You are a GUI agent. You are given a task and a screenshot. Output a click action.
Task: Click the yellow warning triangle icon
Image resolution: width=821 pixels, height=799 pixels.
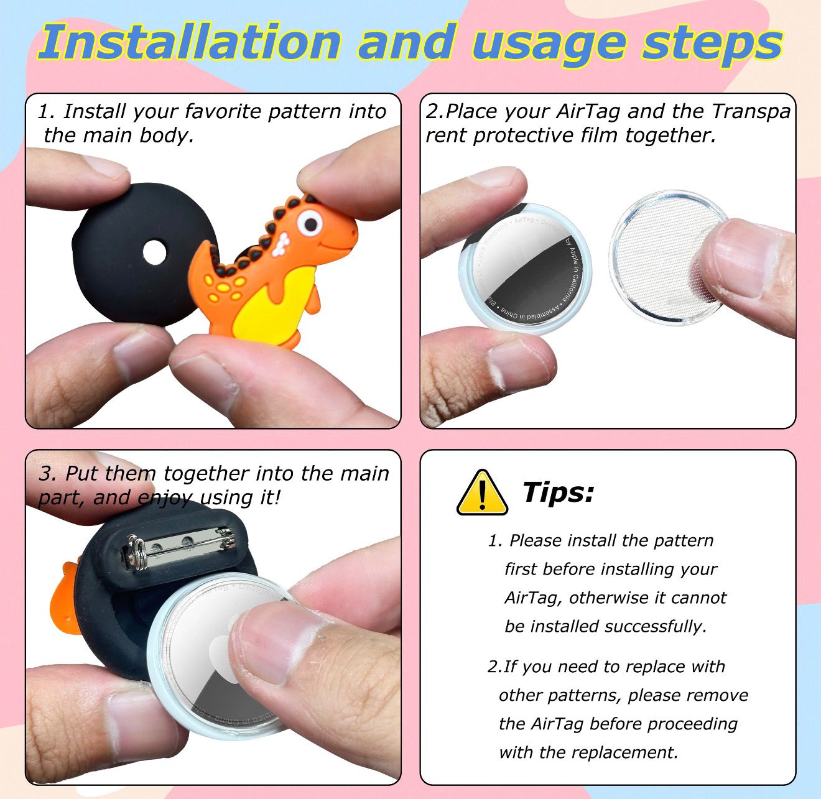[x=482, y=493]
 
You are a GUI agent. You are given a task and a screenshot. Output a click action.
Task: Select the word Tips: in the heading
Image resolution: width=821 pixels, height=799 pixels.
[x=558, y=492]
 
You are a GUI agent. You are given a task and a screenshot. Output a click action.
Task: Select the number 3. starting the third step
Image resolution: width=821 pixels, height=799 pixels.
[x=48, y=474]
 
